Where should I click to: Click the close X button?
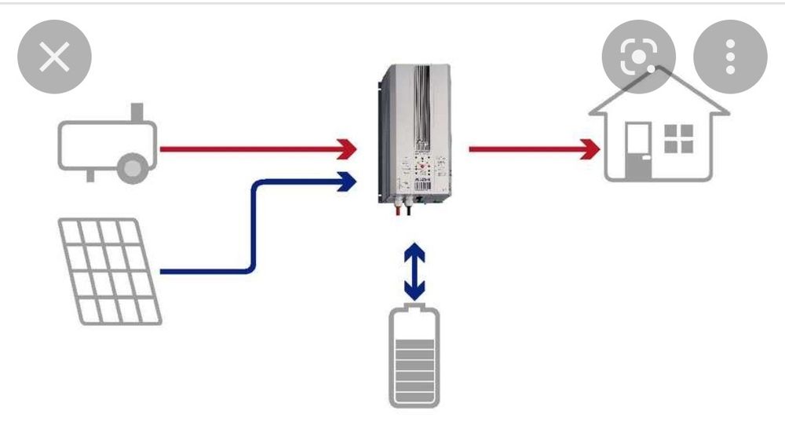(x=54, y=57)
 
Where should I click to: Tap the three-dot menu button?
(x=730, y=57)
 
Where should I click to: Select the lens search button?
(x=638, y=57)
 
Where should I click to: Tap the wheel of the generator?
(x=133, y=167)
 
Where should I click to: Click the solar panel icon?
(x=110, y=271)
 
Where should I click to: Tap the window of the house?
(x=679, y=139)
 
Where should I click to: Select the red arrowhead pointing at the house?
(x=590, y=148)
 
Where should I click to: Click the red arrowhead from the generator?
(x=346, y=148)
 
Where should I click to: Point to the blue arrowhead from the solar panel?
(x=346, y=182)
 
